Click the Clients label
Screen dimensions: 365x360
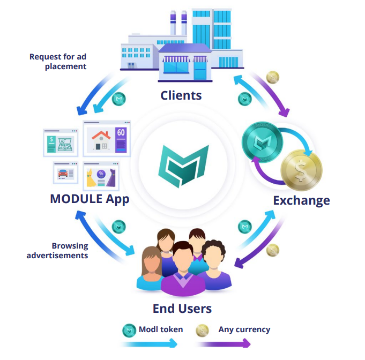tap(181, 95)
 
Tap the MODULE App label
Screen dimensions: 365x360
tap(90, 199)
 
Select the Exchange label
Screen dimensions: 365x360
tap(301, 200)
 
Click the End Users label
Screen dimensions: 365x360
tap(182, 309)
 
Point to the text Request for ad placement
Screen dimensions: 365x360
tap(58, 62)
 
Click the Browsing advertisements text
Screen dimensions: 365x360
tap(57, 250)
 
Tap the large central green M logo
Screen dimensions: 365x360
tap(183, 166)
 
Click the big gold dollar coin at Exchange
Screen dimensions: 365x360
tap(301, 170)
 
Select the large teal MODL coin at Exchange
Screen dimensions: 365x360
tap(262, 142)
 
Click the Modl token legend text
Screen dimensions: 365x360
tap(161, 329)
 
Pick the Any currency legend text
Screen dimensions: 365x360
tap(244, 329)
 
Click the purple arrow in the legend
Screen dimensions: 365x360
tap(224, 343)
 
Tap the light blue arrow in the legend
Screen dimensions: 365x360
tap(150, 343)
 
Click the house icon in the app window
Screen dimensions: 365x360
tap(101, 140)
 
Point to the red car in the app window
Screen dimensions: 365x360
tap(63, 173)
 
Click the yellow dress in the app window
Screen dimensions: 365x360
tap(91, 178)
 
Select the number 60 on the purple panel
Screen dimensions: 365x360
tap(121, 132)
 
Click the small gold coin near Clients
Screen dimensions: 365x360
tap(273, 77)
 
